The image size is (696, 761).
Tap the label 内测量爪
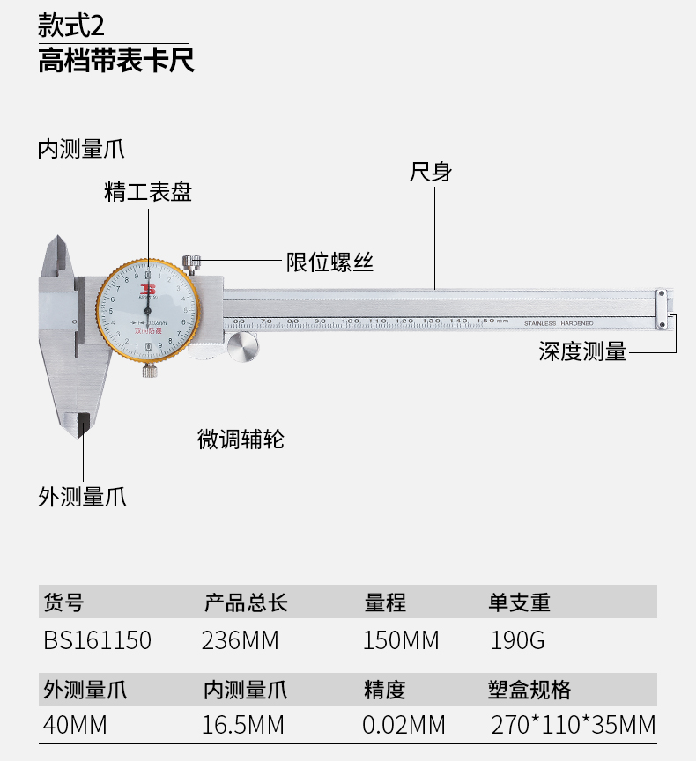(80, 149)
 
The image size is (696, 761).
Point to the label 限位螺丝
(330, 262)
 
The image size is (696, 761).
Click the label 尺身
(431, 172)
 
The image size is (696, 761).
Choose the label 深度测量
(582, 352)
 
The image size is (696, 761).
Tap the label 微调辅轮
(241, 439)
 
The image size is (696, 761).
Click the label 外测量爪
(82, 497)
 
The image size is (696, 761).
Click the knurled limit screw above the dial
(192, 262)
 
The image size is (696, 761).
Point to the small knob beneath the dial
(151, 371)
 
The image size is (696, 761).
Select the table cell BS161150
(97, 640)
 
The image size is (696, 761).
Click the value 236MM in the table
(241, 640)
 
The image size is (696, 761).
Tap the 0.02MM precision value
(404, 725)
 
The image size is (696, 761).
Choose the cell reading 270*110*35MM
(573, 725)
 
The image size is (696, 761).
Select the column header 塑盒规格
(529, 689)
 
